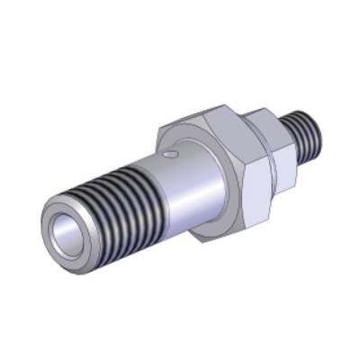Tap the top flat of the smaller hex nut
point(269,116)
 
